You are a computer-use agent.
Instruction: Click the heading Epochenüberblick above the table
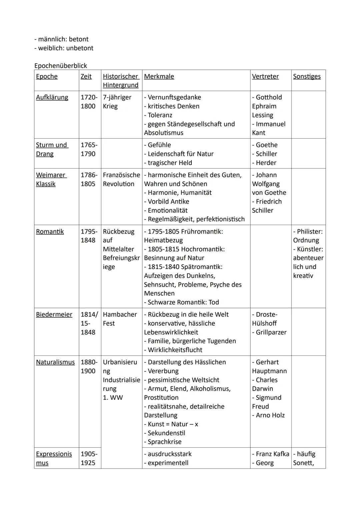60,66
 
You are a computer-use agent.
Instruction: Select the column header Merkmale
159,76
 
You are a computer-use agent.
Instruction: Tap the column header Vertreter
265,76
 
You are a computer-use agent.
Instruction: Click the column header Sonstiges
307,76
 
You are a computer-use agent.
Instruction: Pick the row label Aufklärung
52,97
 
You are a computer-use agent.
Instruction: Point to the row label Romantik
50,231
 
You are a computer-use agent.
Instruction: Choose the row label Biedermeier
54,314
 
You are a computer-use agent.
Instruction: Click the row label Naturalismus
55,362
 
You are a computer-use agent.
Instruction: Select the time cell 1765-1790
89,149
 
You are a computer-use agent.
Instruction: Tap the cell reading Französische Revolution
121,179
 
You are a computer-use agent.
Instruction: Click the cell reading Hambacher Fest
119,319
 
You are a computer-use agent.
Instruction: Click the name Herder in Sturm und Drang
266,163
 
